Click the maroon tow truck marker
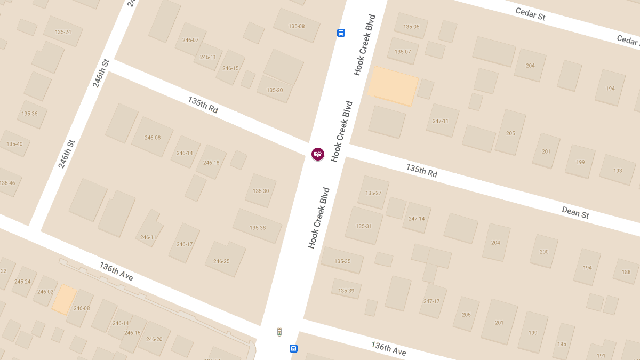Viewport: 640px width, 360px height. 318,154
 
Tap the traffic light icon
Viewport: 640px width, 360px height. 279,332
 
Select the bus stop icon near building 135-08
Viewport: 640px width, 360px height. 341,33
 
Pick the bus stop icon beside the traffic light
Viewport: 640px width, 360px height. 293,349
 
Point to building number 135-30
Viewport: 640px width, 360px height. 261,191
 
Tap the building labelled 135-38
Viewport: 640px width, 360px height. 258,228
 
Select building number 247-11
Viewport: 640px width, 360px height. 441,121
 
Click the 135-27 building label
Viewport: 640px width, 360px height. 373,193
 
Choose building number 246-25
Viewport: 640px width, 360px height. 221,261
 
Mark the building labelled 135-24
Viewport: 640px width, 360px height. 63,32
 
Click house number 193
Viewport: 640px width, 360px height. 618,171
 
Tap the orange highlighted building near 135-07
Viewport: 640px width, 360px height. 394,85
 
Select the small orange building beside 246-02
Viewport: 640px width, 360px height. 64,299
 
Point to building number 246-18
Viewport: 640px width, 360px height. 211,163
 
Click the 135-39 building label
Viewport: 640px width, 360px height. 346,291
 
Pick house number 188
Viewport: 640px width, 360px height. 626,272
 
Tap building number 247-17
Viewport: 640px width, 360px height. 431,301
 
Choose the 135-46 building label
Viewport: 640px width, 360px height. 7,183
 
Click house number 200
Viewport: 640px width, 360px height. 544,252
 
